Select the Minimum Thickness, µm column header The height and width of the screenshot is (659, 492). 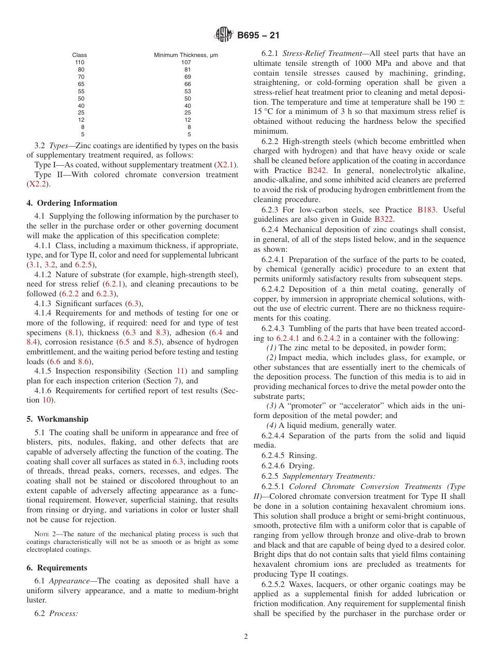coord(186,55)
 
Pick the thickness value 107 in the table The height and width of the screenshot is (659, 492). coord(186,62)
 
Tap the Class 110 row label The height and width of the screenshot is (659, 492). coord(80,62)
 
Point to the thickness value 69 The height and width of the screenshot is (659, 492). coord(187,77)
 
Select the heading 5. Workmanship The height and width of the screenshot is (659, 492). coord(57,419)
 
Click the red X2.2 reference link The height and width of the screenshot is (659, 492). coord(36,184)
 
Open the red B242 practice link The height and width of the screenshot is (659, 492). coord(317,170)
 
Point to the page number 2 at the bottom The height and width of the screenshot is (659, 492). coord(246,637)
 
